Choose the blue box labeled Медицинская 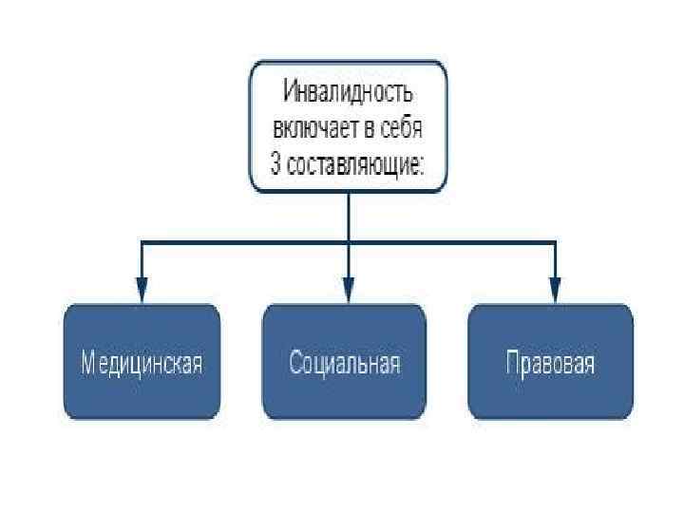click(142, 362)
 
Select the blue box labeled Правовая click(551, 362)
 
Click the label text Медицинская click(142, 364)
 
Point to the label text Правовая click(551, 364)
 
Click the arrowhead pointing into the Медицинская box click(142, 291)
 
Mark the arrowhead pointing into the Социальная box click(349, 291)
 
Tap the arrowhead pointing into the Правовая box click(555, 291)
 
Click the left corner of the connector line click(142, 243)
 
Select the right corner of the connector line click(555, 243)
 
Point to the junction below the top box click(349, 243)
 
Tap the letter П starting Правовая click(513, 364)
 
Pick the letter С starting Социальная click(296, 364)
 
